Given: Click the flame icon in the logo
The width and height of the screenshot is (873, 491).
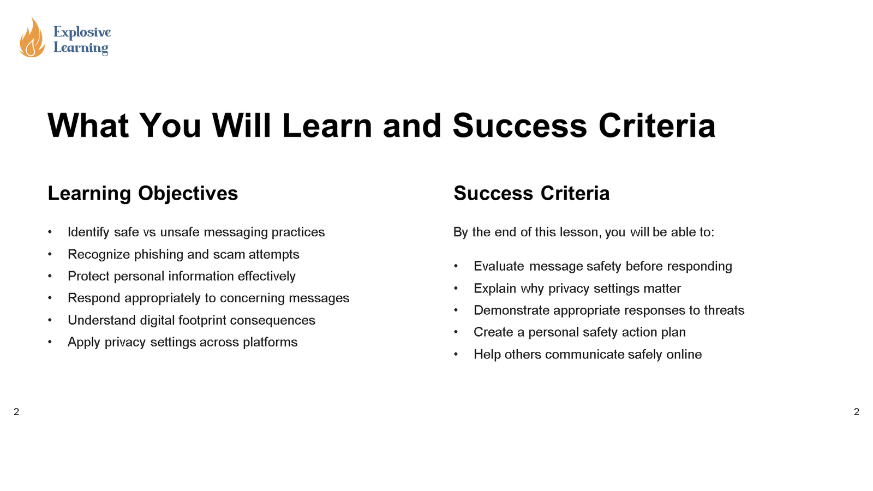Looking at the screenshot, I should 32,38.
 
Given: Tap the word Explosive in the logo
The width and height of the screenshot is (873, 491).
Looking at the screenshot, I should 82,32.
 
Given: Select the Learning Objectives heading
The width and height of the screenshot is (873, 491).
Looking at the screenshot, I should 143,193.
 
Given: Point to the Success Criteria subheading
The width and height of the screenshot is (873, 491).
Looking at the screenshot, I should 531,193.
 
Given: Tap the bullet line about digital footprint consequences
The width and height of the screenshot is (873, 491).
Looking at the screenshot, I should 191,320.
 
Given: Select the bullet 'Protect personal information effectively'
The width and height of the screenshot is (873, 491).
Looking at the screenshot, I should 181,276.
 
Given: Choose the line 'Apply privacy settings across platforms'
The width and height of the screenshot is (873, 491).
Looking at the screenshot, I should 182,342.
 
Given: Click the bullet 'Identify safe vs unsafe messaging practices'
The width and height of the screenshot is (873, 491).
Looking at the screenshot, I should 196,232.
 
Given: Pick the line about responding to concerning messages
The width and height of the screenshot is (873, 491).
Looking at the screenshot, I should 208,298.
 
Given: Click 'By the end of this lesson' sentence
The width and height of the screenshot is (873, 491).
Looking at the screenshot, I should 583,232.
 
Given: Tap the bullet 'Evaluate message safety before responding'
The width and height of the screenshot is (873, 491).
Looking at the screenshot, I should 602,266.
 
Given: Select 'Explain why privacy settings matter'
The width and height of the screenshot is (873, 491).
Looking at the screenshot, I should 577,288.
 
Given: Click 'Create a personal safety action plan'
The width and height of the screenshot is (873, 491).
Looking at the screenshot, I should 579,332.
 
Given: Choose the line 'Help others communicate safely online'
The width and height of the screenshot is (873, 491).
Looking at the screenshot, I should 587,354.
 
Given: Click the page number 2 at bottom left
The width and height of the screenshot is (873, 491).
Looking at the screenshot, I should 16,412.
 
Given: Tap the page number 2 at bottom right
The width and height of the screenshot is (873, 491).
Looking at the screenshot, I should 856,412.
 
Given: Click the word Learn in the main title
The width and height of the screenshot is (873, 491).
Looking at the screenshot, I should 327,125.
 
